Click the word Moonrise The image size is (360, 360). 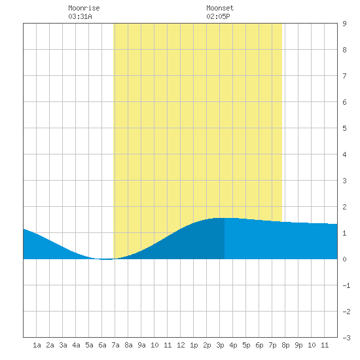[84, 8]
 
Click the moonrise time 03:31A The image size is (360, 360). [80, 16]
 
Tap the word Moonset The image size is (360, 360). [220, 8]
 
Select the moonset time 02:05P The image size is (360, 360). [218, 16]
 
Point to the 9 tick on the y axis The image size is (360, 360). [344, 24]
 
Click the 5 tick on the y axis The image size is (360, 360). [344, 128]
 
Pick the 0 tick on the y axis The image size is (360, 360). [344, 259]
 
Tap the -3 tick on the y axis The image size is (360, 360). [346, 338]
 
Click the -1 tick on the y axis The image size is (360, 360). [346, 285]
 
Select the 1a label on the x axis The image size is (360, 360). [37, 345]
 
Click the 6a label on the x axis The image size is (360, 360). [102, 345]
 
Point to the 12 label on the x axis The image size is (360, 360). [181, 345]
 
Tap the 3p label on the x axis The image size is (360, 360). [220, 345]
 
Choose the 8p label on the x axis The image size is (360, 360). [285, 345]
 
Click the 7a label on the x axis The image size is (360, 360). [115, 345]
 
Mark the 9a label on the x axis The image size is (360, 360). [141, 345]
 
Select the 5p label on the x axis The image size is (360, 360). [246, 345]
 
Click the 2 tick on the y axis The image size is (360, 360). [344, 207]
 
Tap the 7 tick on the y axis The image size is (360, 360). [344, 76]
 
